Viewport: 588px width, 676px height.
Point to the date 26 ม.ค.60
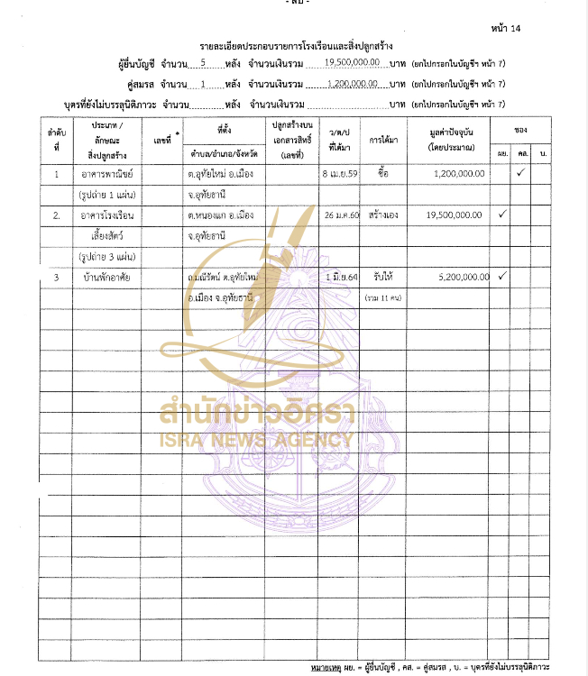[341, 216]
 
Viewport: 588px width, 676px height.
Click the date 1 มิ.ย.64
[342, 277]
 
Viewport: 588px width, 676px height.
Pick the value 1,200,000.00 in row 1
[457, 174]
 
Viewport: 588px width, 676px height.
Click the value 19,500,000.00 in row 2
[453, 216]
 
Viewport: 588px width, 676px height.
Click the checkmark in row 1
[520, 173]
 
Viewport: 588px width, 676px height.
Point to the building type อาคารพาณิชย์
[107, 174]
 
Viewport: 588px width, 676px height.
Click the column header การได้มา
[383, 141]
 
